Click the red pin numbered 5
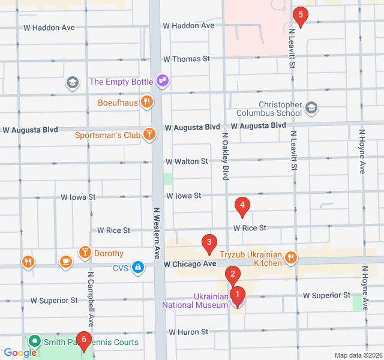click(x=300, y=15)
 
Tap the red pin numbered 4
click(x=242, y=206)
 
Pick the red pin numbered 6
click(x=83, y=341)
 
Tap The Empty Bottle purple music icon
click(x=161, y=80)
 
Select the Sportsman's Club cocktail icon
click(x=149, y=134)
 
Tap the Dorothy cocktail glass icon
click(x=85, y=253)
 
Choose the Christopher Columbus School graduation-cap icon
click(x=311, y=108)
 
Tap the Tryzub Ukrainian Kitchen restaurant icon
click(x=291, y=257)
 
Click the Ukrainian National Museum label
click(x=195, y=300)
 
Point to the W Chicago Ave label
click(x=190, y=264)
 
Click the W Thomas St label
click(x=187, y=59)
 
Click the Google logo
click(x=19, y=353)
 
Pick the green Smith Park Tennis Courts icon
click(x=34, y=343)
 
